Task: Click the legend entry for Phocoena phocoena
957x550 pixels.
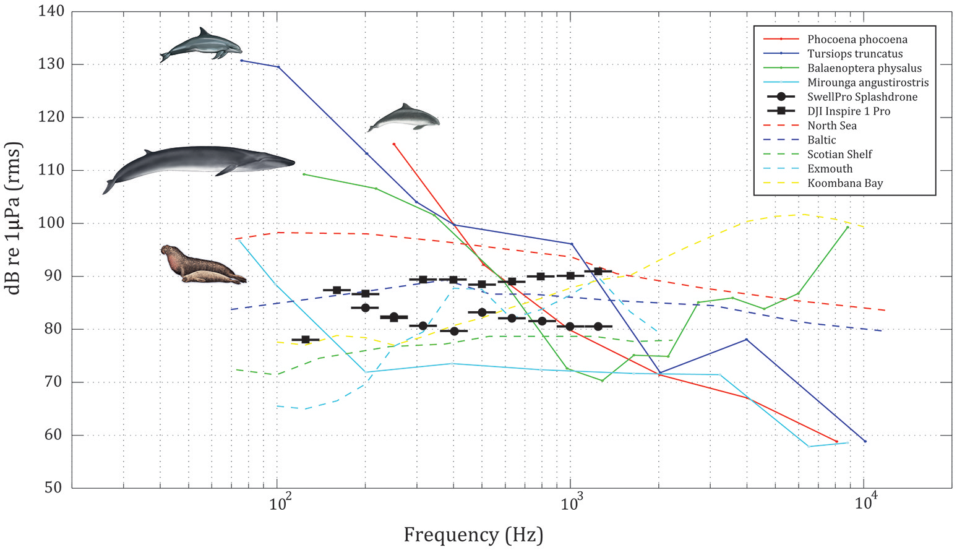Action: coord(857,40)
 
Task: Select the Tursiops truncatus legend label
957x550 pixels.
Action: coord(854,54)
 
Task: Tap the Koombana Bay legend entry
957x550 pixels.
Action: coord(845,183)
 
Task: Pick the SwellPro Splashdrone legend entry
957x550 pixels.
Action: coord(862,97)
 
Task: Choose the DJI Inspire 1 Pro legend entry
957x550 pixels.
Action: coord(849,111)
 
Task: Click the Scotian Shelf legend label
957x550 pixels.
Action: coord(839,155)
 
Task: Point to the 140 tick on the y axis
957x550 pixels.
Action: coord(51,12)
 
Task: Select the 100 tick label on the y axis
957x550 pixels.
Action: coord(51,223)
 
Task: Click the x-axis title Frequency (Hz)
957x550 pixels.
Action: coord(473,534)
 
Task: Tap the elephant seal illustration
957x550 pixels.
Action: coord(202,265)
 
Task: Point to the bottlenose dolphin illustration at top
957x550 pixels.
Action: coord(201,45)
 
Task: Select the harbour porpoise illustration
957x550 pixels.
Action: coord(403,118)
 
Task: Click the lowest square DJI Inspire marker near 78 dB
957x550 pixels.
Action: coord(305,340)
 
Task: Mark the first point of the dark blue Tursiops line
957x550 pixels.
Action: coord(241,60)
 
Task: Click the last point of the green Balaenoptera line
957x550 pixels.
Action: coord(848,227)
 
